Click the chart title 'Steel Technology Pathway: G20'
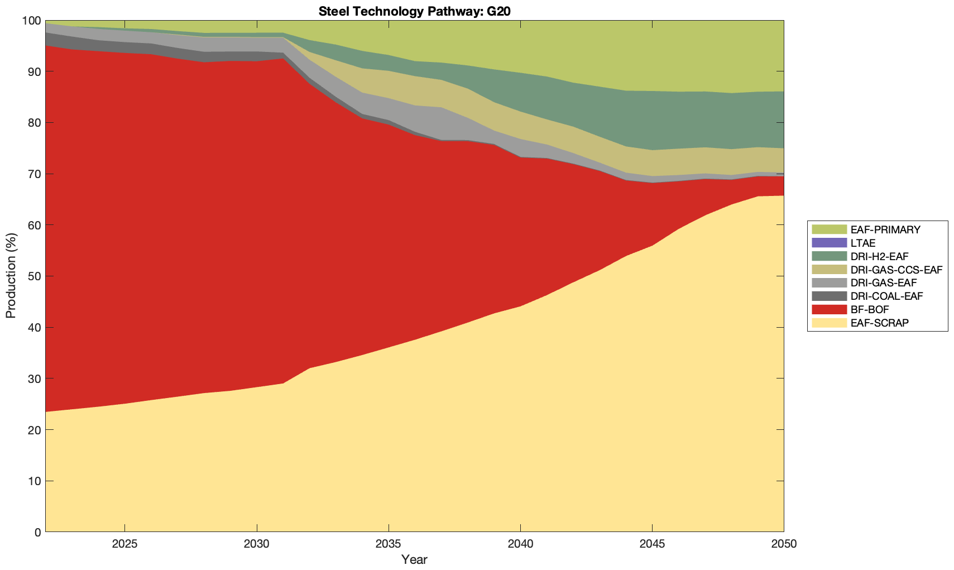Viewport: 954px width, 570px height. coord(414,11)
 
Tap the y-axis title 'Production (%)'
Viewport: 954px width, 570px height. coord(11,276)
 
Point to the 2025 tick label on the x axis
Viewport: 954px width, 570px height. coord(124,544)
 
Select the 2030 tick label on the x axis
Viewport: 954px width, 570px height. coord(257,544)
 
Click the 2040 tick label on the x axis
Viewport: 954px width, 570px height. coord(520,544)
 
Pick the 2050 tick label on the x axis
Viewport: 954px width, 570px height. coord(784,544)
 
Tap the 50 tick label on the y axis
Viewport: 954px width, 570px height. coord(33,276)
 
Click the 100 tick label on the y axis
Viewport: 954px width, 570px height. coord(31,21)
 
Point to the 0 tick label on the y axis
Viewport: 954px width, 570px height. coord(37,532)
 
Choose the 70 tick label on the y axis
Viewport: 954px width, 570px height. coord(33,174)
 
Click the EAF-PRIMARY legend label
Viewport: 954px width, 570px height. coord(885,229)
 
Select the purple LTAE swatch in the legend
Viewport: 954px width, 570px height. coord(829,243)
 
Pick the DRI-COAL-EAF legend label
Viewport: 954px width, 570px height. coord(886,296)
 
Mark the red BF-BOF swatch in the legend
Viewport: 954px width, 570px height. coord(829,309)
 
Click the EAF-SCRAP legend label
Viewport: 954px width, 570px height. coord(879,323)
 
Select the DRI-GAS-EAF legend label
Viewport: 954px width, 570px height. coord(883,283)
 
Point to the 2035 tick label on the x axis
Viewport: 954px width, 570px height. coord(389,544)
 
